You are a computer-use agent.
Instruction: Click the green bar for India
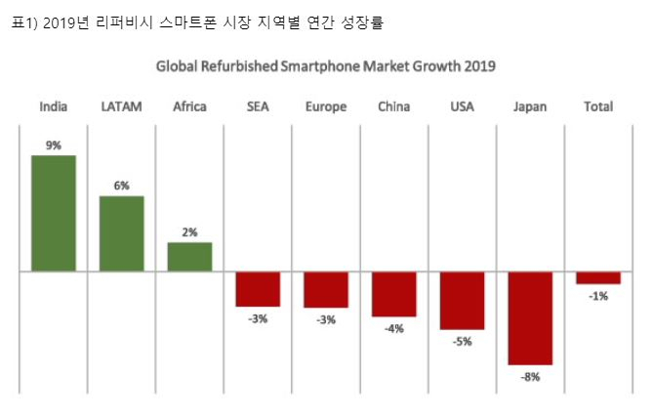pyautogui.click(x=54, y=213)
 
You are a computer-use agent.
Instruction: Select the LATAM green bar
pyautogui.click(x=122, y=233)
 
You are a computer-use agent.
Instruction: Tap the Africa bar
pyautogui.click(x=189, y=257)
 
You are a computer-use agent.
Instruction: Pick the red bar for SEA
pyautogui.click(x=258, y=289)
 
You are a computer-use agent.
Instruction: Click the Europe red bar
pyautogui.click(x=326, y=290)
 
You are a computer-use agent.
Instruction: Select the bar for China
pyautogui.click(x=394, y=294)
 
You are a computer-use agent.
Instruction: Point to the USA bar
pyautogui.click(x=463, y=301)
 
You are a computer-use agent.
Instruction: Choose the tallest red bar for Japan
pyautogui.click(x=531, y=318)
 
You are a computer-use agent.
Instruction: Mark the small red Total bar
pyautogui.click(x=598, y=278)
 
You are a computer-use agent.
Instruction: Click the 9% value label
pyautogui.click(x=54, y=146)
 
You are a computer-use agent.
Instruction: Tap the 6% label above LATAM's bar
pyautogui.click(x=122, y=186)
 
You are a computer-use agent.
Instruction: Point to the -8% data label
pyautogui.click(x=531, y=377)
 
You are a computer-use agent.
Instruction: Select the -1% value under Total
pyautogui.click(x=598, y=296)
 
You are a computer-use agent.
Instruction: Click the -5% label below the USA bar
pyautogui.click(x=463, y=342)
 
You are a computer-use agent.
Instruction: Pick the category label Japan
pyautogui.click(x=530, y=107)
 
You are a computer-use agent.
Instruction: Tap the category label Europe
pyautogui.click(x=326, y=107)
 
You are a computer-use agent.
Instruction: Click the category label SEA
pyautogui.click(x=258, y=106)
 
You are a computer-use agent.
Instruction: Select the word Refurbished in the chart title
pyautogui.click(x=239, y=66)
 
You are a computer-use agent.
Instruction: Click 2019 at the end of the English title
pyautogui.click(x=480, y=66)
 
